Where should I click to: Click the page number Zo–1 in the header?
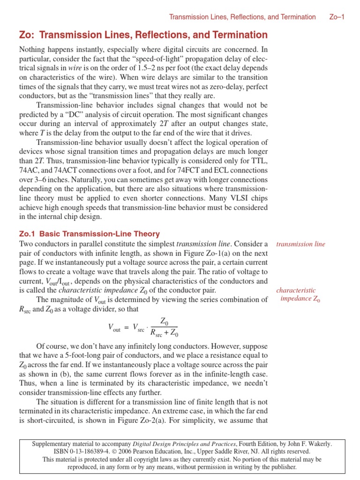click(x=337, y=17)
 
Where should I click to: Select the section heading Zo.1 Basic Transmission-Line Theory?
click(x=90, y=233)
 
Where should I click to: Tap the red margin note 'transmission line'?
click(x=300, y=244)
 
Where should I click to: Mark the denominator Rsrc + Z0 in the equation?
click(x=164, y=334)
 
